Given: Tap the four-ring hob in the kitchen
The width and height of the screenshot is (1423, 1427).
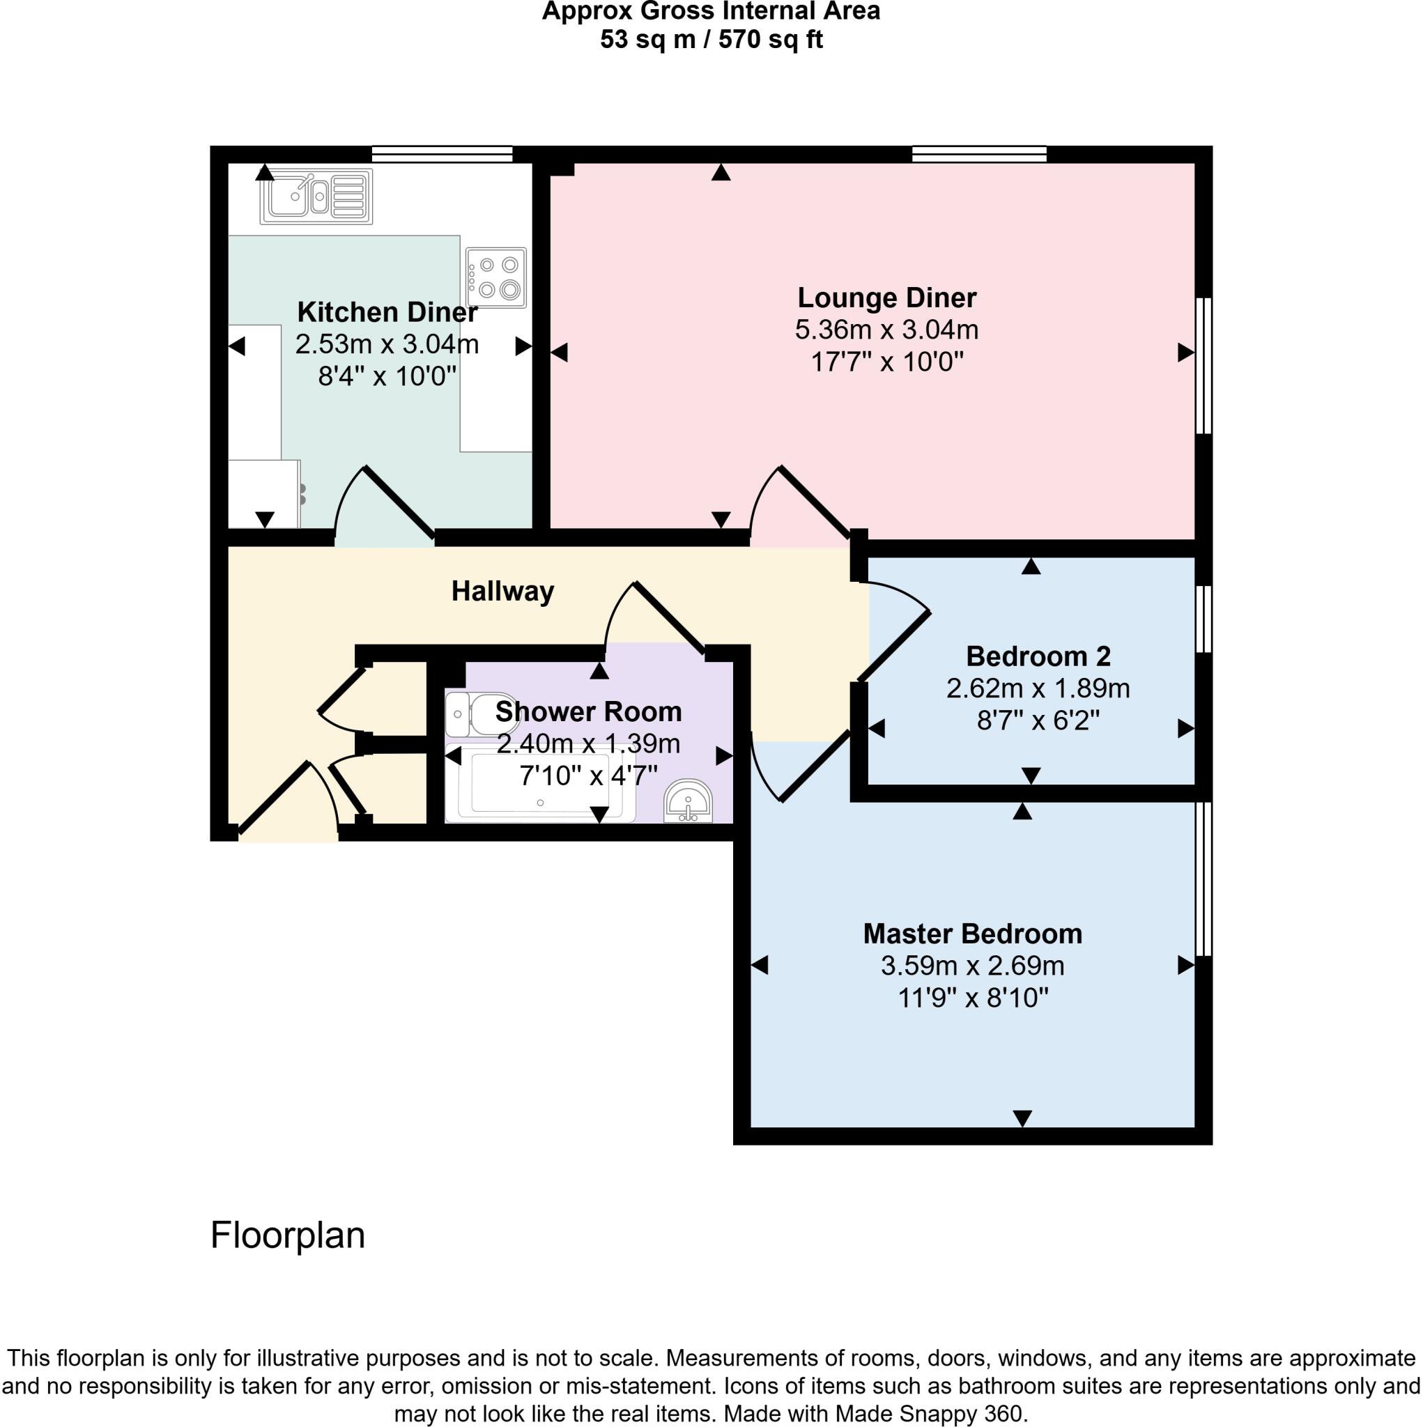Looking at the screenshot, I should pos(496,277).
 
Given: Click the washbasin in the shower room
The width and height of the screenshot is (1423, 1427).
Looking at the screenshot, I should pos(688,801).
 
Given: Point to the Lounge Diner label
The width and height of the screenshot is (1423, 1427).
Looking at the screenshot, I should pos(886,298).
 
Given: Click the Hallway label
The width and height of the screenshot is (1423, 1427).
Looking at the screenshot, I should pos(502,592).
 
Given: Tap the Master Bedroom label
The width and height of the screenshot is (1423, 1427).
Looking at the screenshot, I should pos(972,934).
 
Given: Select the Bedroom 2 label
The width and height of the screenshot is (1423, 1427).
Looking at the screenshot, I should pos(1038,656).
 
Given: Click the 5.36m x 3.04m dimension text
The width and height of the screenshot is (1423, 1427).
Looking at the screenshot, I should pos(886,330).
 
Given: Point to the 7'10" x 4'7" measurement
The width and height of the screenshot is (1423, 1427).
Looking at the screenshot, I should pos(588,776).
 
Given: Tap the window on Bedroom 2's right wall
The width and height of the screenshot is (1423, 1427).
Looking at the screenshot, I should pos(1203,619).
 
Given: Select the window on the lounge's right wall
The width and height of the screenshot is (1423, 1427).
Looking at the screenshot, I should pos(1203,365).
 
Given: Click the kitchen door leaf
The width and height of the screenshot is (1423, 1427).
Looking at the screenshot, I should pos(400,502).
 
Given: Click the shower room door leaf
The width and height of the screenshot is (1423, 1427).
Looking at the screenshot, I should pos(670,618).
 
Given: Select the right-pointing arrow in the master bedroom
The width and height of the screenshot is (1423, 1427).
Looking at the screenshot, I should pos(1185,964).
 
